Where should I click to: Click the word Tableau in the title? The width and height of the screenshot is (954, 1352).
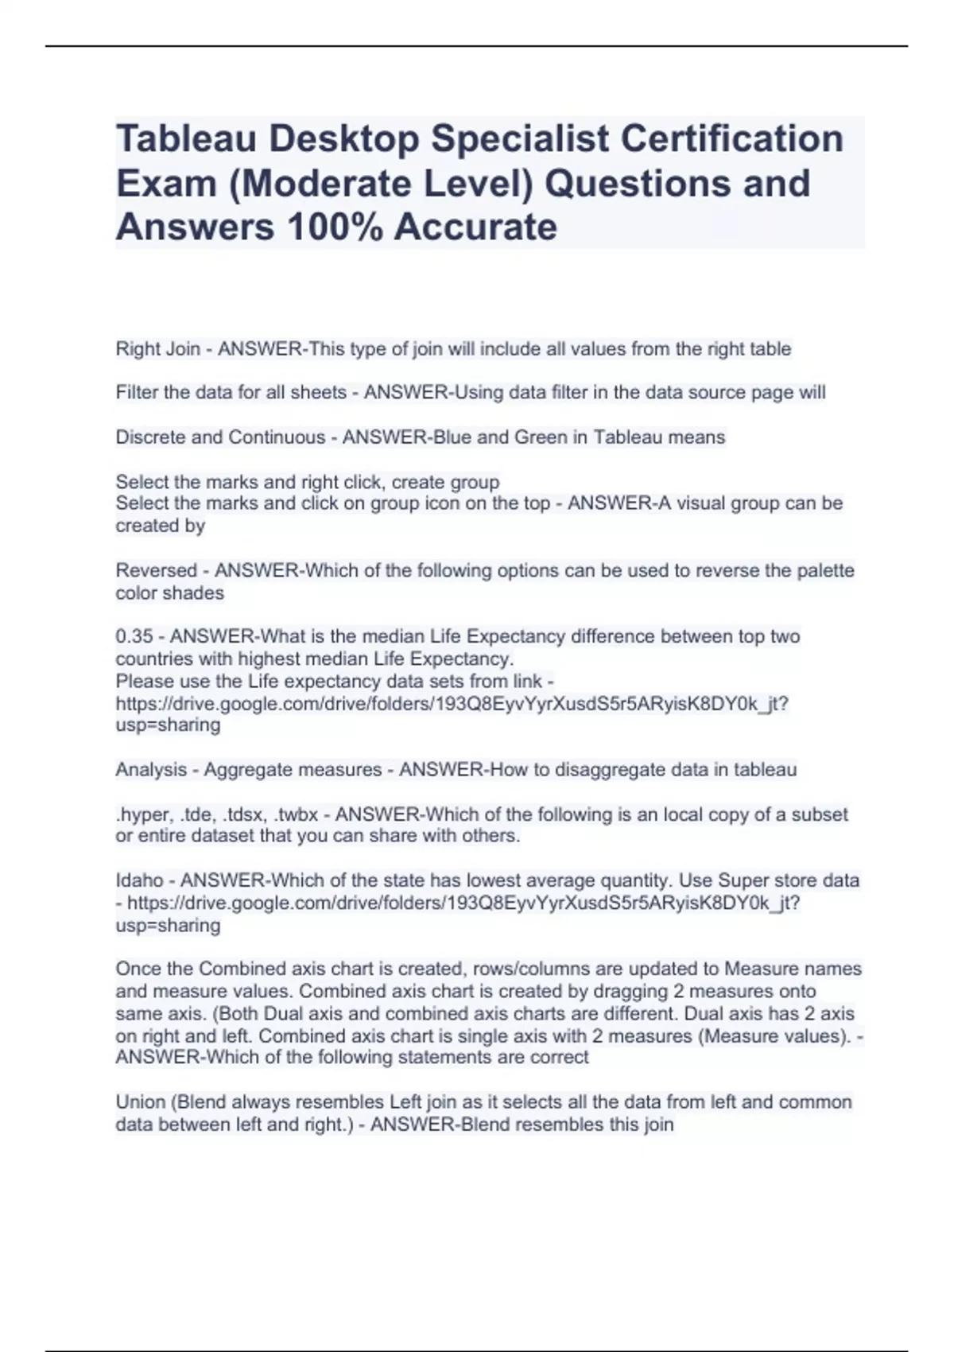(x=188, y=139)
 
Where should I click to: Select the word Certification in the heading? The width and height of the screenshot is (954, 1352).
(x=731, y=139)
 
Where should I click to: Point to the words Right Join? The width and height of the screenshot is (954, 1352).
(x=157, y=349)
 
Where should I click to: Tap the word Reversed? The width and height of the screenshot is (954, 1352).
(x=156, y=571)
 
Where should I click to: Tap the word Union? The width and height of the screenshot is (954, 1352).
(x=141, y=1102)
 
